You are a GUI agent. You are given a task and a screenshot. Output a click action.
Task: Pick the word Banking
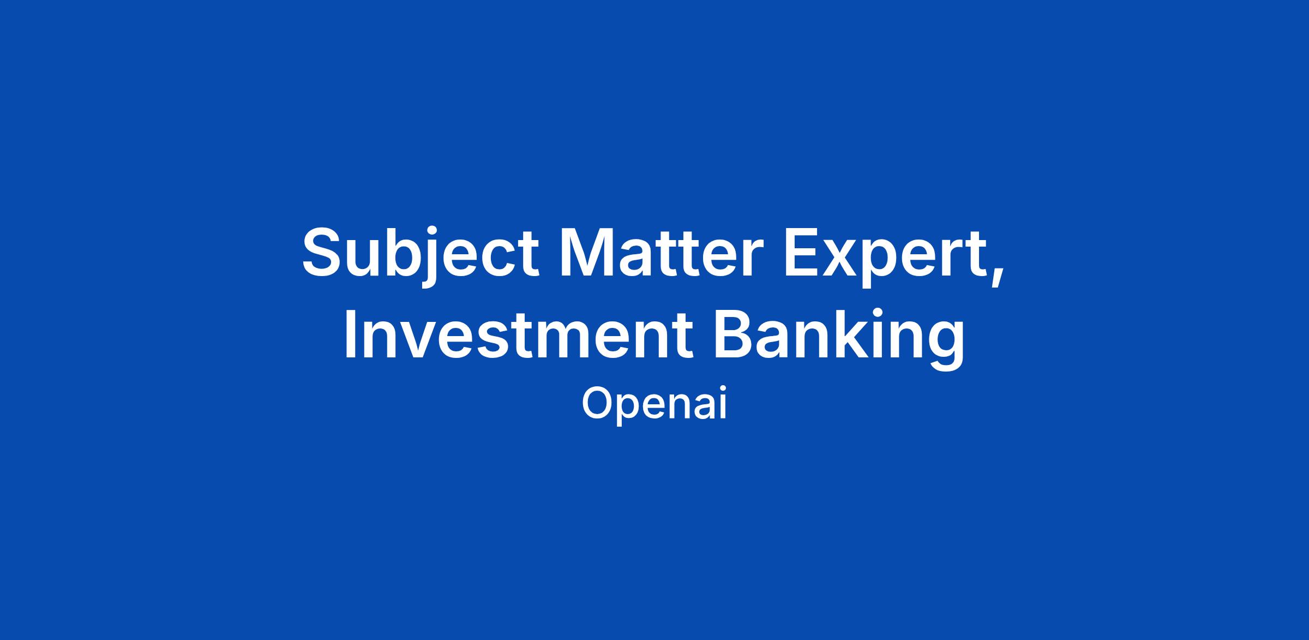(x=839, y=338)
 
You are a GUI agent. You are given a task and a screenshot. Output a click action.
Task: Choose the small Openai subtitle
(x=654, y=403)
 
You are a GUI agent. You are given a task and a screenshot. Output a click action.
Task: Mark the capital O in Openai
(x=597, y=403)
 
